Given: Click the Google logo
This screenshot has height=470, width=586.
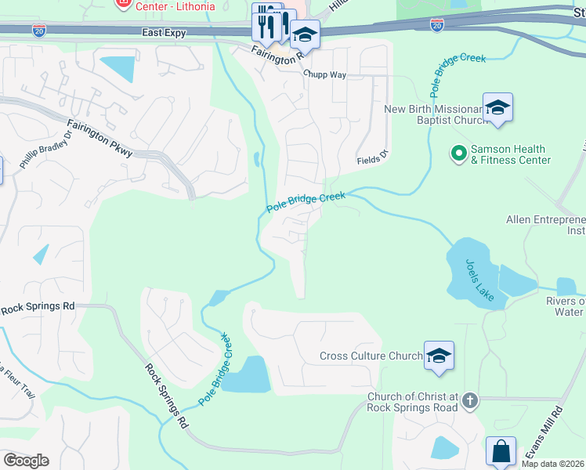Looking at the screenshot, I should pyautogui.click(x=26, y=461).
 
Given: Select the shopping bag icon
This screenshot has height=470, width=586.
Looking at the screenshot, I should pyautogui.click(x=501, y=453).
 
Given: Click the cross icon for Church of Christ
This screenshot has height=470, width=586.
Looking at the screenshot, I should pyautogui.click(x=469, y=400).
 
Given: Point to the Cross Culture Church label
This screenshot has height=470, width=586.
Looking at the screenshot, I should pyautogui.click(x=371, y=356).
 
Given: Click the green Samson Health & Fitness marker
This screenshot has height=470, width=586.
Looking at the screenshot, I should pyautogui.click(x=459, y=153).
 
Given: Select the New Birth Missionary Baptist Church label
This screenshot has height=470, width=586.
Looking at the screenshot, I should pyautogui.click(x=432, y=115).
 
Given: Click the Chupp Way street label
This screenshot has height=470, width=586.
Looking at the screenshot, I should pyautogui.click(x=324, y=76).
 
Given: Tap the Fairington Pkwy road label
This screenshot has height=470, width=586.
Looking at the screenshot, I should pyautogui.click(x=99, y=137).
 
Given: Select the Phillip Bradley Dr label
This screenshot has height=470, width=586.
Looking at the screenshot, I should pyautogui.click(x=46, y=149).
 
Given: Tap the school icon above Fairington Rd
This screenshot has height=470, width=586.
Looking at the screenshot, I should pyautogui.click(x=305, y=35).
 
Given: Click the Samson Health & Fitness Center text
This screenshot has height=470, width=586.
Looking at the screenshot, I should pyautogui.click(x=510, y=155).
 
